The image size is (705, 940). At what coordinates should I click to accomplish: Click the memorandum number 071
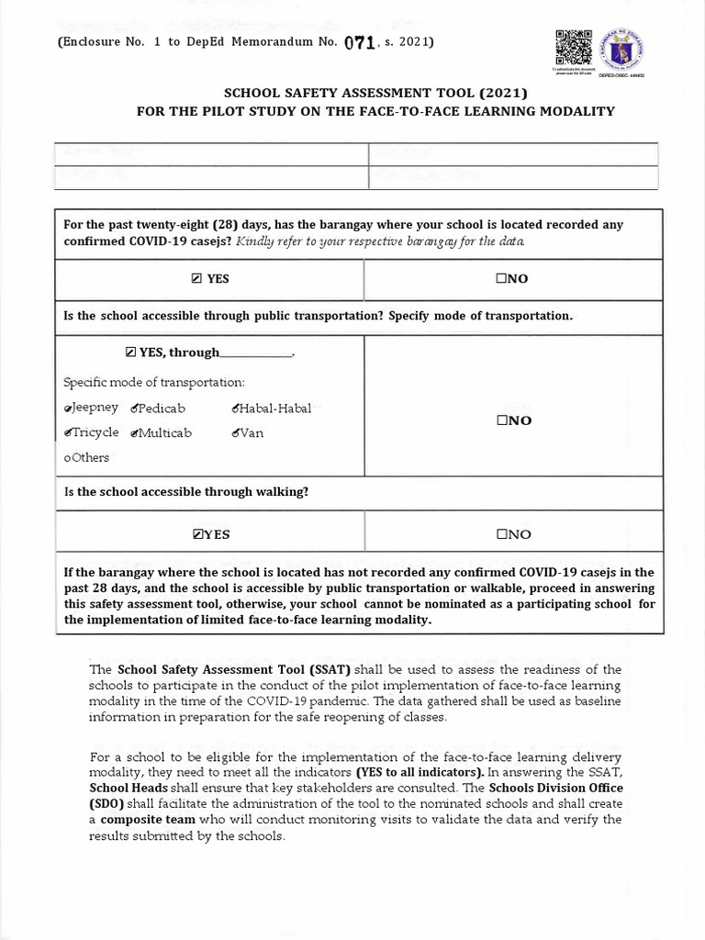(358, 43)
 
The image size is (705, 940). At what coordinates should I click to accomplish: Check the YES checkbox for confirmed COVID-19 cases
(197, 279)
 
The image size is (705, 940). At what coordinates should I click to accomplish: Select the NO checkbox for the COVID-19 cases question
(502, 279)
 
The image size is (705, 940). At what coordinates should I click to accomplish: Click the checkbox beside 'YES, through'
(130, 352)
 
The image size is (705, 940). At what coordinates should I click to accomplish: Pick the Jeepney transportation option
(69, 408)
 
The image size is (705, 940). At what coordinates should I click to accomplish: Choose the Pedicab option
(136, 408)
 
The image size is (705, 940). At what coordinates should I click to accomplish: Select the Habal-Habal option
(237, 408)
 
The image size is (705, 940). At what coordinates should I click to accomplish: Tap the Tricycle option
(69, 432)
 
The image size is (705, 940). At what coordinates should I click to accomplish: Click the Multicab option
(136, 432)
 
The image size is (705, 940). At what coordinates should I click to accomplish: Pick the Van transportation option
(237, 432)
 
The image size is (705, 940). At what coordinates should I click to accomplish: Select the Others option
(67, 457)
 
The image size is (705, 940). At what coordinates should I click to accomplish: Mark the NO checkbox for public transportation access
(502, 420)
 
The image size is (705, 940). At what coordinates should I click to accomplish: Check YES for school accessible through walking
(197, 534)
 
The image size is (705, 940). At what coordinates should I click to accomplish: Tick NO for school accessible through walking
(502, 534)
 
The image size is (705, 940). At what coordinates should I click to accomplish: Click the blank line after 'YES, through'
(255, 352)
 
